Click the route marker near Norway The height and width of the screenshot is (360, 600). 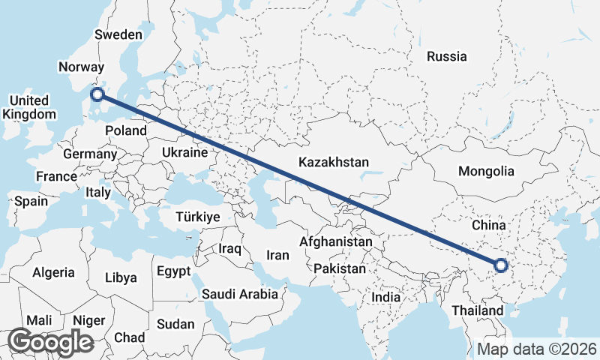point(97,94)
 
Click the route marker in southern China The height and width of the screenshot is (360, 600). point(502,265)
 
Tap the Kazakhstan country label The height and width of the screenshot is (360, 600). point(334,162)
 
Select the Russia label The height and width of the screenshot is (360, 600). point(446,56)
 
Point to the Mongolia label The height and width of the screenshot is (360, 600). point(486,171)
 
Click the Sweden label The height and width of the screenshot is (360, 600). point(118,34)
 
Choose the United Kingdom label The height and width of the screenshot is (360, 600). point(29,107)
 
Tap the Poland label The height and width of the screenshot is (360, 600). point(126,130)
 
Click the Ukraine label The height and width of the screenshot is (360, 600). point(184,152)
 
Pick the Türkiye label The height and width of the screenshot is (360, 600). point(197,217)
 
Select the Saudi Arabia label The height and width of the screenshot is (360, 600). point(239,295)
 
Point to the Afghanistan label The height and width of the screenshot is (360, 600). point(335,242)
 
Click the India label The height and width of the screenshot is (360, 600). point(385,297)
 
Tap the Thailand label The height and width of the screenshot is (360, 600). point(478,310)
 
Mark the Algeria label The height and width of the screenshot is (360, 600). point(53,273)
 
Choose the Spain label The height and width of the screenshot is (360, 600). point(31,201)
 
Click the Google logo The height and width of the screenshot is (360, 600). point(50,341)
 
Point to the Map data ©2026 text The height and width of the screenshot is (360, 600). point(537,349)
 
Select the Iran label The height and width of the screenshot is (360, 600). point(277,255)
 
